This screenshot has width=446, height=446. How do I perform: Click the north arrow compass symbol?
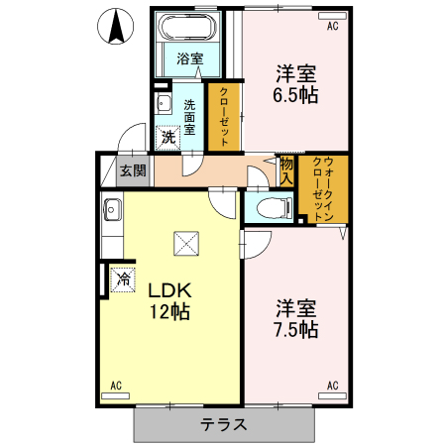116,27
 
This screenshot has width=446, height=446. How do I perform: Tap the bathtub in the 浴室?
187,27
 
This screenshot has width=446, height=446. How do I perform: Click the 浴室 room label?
189,58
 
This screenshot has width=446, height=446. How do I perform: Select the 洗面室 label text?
189,117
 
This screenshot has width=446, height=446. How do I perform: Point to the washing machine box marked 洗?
167,138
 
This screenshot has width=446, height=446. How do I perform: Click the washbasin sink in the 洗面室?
163,103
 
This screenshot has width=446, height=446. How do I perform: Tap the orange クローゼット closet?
224,117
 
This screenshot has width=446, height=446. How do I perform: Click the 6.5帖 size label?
295,95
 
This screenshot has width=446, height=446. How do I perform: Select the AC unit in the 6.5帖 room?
332,16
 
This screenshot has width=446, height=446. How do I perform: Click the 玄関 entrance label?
133,171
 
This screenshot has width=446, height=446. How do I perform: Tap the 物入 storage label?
286,171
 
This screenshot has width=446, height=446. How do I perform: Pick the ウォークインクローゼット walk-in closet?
323,189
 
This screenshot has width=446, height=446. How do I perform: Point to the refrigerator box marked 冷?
123,279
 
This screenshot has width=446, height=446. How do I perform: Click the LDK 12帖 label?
169,301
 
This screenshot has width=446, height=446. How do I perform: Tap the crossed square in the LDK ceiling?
186,244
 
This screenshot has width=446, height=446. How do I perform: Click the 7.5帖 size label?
296,330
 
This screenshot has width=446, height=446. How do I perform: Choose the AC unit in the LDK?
115,395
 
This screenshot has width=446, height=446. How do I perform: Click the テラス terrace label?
224,424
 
